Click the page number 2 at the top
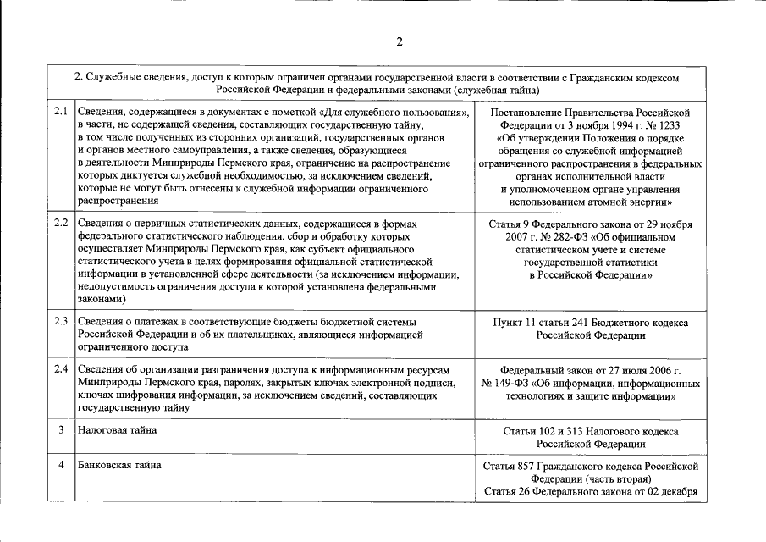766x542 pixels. (399, 42)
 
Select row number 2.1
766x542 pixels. (61, 112)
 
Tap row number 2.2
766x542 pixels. (61, 224)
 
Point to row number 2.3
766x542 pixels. (61, 322)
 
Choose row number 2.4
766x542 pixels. (61, 370)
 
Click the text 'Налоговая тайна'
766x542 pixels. (117, 430)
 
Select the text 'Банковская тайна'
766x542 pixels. (119, 465)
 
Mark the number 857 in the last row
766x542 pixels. (531, 467)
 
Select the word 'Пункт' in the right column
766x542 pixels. (509, 323)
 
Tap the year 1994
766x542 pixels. (598, 124)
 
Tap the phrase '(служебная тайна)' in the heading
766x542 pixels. (495, 89)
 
